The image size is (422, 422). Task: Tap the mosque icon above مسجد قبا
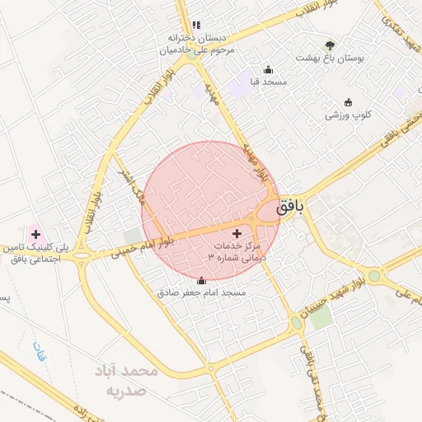[x=267, y=70]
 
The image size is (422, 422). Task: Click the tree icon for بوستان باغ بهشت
[x=331, y=45]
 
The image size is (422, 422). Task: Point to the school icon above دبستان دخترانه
[x=195, y=26]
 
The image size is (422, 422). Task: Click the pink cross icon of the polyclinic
[x=35, y=234]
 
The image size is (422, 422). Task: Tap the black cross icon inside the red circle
[x=238, y=234]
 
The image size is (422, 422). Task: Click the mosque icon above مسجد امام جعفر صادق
[x=202, y=279]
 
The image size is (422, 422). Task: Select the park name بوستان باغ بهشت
[x=331, y=59]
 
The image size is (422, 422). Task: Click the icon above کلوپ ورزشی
[x=348, y=103]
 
